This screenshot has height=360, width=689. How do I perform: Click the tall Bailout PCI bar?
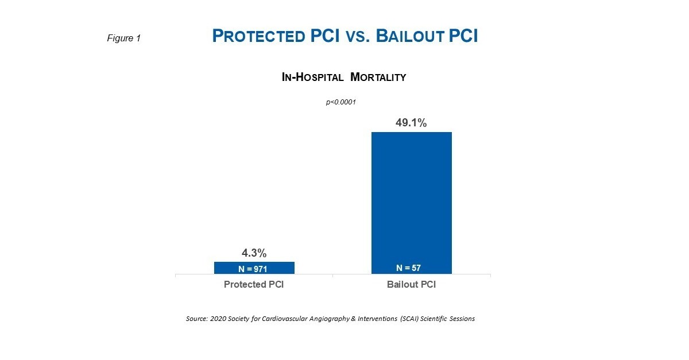[x=411, y=195]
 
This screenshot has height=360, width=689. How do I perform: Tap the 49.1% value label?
[x=411, y=123]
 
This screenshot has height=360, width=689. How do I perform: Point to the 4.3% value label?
[x=253, y=253]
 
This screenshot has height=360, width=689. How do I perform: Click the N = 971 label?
[x=253, y=269]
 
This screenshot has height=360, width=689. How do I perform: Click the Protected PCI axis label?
[x=253, y=285]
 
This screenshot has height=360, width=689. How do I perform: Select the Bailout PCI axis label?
[x=411, y=285]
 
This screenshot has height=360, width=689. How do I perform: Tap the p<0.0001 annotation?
[x=341, y=102]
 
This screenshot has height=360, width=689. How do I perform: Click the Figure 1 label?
[x=124, y=38]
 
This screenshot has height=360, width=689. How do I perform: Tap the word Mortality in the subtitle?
[x=378, y=78]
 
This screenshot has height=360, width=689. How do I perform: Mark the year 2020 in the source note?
[x=216, y=319]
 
